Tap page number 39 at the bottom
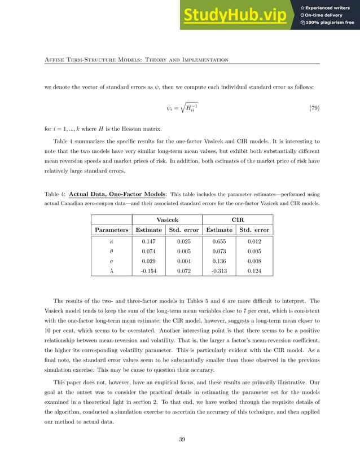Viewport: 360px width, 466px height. coord(182,439)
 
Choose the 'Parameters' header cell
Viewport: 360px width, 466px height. coord(111,230)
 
